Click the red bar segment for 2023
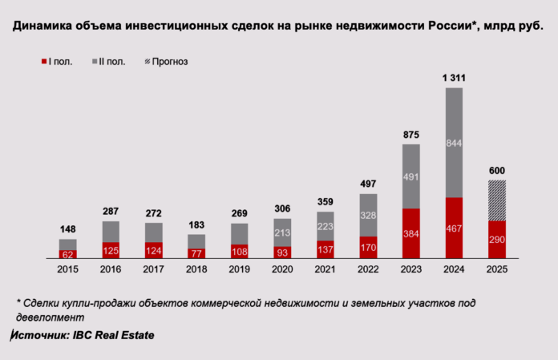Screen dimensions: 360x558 click(x=410, y=233)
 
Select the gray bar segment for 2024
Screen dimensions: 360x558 click(x=454, y=143)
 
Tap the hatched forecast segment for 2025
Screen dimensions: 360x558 click(x=497, y=200)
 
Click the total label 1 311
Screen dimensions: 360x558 click(x=454, y=77)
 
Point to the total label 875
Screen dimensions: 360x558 click(x=410, y=134)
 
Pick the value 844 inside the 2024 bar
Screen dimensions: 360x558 click(x=454, y=143)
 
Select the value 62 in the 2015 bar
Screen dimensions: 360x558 click(x=67, y=254)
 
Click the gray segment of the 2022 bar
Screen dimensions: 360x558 click(x=368, y=215)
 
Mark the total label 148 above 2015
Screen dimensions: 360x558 click(x=67, y=229)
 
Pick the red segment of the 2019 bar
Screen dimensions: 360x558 click(x=239, y=252)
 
